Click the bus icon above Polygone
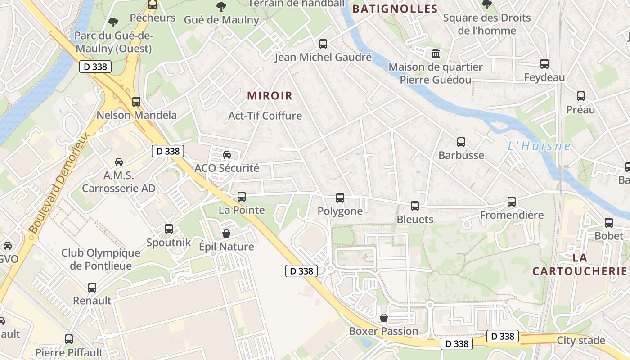point(340,198)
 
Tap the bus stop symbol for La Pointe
point(242,197)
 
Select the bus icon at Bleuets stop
point(415,206)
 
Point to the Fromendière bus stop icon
point(512,202)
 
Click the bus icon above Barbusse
point(461,142)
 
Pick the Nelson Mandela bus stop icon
point(136,102)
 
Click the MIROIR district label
point(270,96)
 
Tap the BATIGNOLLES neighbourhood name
point(395,9)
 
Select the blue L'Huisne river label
point(539,146)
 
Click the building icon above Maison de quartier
point(436,54)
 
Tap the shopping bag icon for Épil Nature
point(226,234)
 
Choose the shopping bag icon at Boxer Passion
point(384,318)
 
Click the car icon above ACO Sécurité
point(227,155)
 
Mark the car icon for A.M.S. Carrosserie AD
point(119,162)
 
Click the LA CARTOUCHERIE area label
point(580,264)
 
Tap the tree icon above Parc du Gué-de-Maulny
point(113,22)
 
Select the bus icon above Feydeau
point(544,64)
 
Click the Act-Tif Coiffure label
point(265,116)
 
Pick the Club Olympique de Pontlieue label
point(101,259)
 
